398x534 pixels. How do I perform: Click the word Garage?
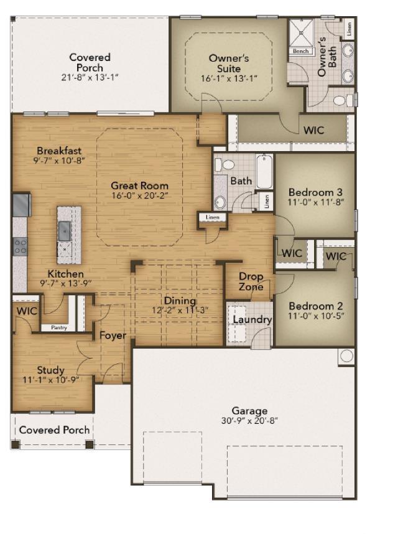click(249, 411)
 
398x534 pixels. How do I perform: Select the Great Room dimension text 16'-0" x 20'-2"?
click(139, 195)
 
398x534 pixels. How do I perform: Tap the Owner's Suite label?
click(229, 63)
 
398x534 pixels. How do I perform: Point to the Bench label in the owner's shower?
click(301, 51)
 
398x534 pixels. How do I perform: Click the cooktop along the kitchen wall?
click(20, 246)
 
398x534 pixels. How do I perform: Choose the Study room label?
click(50, 370)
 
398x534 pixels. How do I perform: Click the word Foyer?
click(113, 336)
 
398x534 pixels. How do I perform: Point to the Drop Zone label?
click(251, 281)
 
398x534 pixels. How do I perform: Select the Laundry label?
click(252, 320)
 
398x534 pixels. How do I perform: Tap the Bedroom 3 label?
click(315, 192)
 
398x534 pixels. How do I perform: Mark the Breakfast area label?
click(59, 151)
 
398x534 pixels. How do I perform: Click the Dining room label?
click(180, 301)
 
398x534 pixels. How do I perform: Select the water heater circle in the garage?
click(346, 357)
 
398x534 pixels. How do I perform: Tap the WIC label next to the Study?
click(27, 310)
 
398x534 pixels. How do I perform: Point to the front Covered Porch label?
click(54, 430)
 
